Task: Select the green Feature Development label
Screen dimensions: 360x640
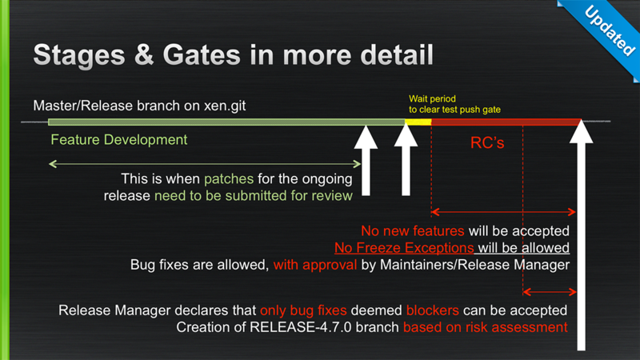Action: [x=118, y=139]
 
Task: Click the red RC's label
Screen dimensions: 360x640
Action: [x=486, y=144]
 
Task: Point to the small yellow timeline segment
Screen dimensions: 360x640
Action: [x=418, y=122]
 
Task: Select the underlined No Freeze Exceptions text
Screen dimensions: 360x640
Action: [x=404, y=247]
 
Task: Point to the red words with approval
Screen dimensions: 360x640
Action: [x=315, y=264]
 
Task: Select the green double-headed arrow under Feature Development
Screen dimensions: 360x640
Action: [x=205, y=164]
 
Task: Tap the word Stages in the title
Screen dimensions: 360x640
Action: [x=75, y=55]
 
